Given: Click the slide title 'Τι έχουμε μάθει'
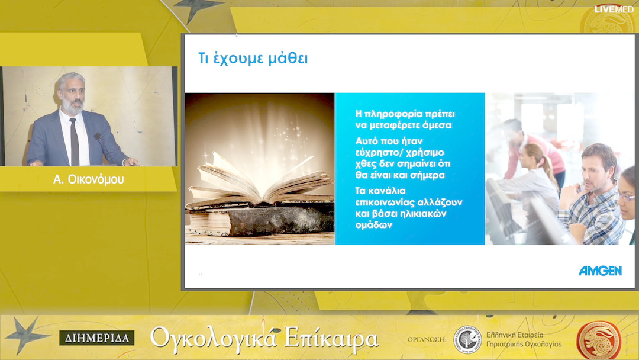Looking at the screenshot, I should pyautogui.click(x=253, y=59).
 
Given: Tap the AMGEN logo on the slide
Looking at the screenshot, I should pyautogui.click(x=600, y=271).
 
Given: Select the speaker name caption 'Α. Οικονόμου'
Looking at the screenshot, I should pyautogui.click(x=89, y=179).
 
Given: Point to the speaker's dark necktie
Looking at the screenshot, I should pyautogui.click(x=74, y=142).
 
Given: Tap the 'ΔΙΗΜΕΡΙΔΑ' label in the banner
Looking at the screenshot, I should pyautogui.click(x=96, y=338).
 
